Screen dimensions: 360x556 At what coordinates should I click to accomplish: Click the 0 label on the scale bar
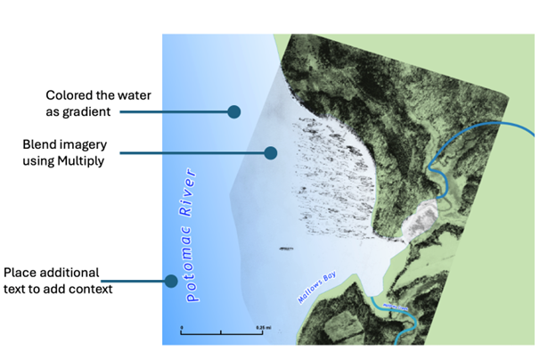point(182,327)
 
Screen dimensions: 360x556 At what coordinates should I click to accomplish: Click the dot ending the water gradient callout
point(234,111)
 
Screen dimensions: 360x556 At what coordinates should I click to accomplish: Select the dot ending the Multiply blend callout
point(271,153)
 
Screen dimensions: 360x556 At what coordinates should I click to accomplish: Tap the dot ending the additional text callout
point(168,281)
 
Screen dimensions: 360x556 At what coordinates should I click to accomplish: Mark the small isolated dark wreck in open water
point(286,249)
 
